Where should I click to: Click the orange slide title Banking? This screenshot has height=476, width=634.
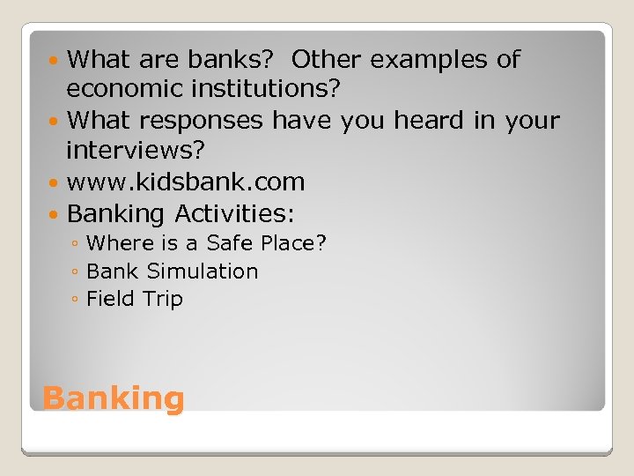(x=114, y=398)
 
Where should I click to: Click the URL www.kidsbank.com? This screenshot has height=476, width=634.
(x=186, y=182)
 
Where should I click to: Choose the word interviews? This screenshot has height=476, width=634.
(x=136, y=151)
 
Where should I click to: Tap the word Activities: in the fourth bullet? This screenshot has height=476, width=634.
(x=235, y=213)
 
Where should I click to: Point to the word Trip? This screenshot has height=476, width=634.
(x=163, y=299)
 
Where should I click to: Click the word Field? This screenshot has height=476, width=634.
(x=110, y=299)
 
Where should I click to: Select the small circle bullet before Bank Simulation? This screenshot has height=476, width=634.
(x=77, y=272)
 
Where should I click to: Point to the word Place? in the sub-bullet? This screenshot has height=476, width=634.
(x=294, y=242)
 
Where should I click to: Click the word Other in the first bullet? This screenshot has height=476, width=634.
(x=327, y=60)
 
